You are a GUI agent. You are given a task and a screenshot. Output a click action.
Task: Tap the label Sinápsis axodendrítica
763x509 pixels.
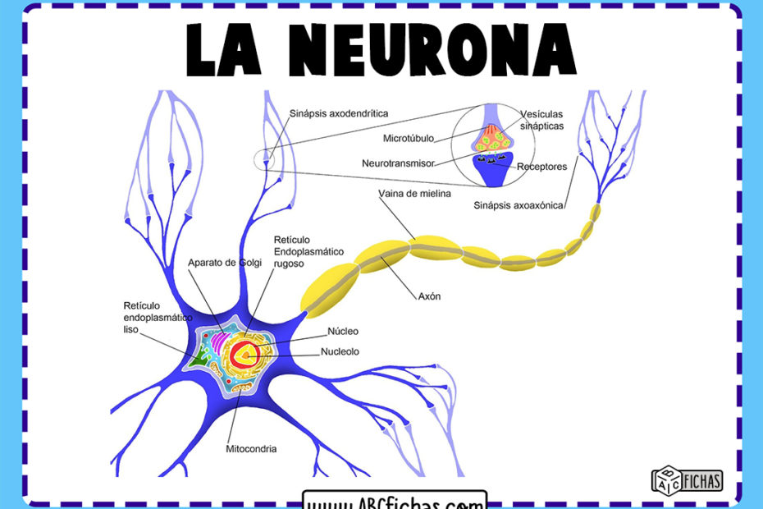(339, 113)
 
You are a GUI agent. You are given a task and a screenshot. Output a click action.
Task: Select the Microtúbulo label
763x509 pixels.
(409, 138)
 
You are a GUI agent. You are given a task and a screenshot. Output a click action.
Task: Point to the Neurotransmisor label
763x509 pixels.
(398, 163)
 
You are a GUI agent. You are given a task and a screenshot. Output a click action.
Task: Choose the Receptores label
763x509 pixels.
(542, 167)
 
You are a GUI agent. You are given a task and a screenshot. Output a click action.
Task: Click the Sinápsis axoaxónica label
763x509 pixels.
(519, 205)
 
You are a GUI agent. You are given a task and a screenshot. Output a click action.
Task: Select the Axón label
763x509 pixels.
(429, 296)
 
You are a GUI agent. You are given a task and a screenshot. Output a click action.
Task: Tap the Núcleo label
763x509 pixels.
(343, 332)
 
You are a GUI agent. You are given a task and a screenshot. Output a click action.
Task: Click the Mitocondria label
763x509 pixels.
(251, 449)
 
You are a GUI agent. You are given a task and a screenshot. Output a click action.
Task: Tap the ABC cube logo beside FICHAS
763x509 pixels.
(665, 479)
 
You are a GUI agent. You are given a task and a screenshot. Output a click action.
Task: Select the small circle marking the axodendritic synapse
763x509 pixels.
(266, 159)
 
